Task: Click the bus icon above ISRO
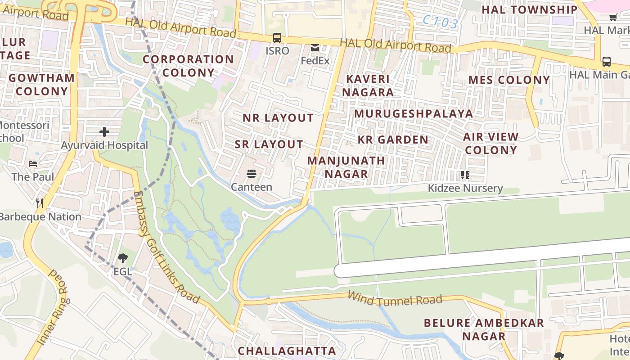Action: tap(277, 38)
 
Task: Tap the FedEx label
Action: tap(315, 60)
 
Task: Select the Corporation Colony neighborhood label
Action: tap(188, 66)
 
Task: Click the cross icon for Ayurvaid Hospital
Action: tap(104, 132)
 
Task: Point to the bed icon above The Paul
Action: tap(33, 163)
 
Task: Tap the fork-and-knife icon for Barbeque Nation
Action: tap(40, 203)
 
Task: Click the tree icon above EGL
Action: tap(122, 258)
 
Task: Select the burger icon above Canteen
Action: tap(251, 174)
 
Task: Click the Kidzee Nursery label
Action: tap(465, 188)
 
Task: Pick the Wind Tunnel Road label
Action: tap(395, 299)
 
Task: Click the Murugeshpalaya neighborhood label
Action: tap(413, 113)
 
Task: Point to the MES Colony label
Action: tap(509, 80)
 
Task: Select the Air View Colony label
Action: tap(491, 143)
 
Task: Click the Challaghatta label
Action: tap(287, 351)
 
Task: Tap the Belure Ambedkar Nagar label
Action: tap(484, 329)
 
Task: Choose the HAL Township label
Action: tap(529, 9)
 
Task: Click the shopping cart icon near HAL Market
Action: tap(612, 18)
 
